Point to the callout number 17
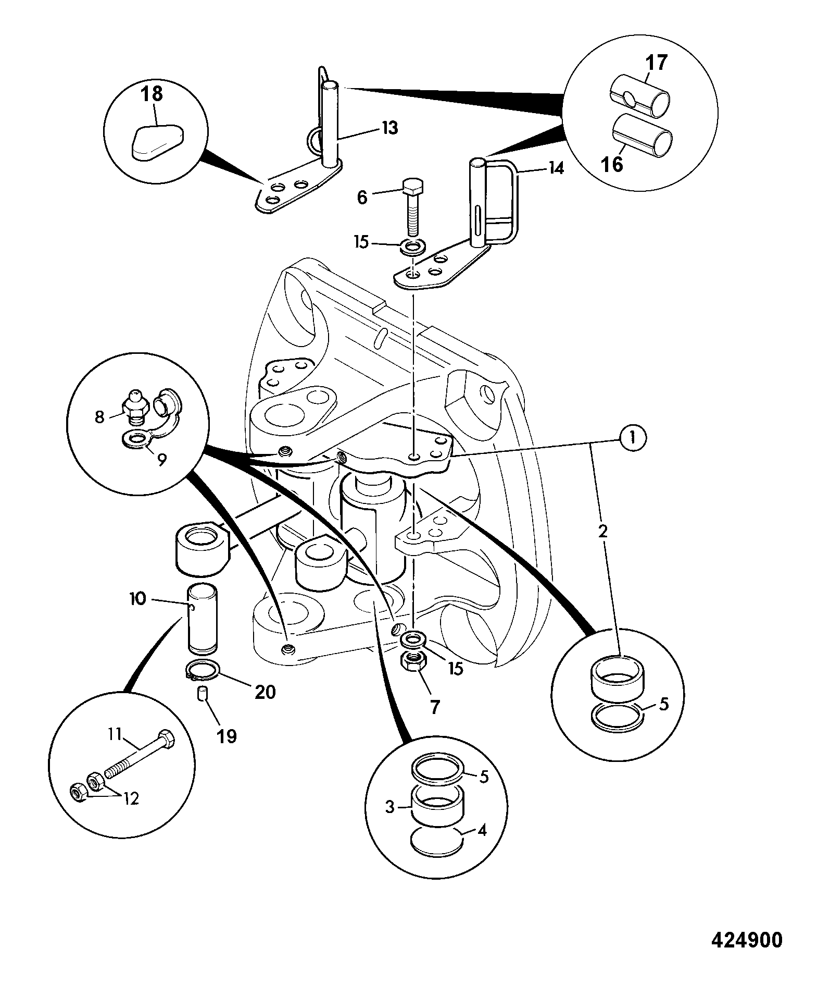click(x=657, y=63)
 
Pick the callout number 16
click(x=613, y=164)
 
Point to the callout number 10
click(x=138, y=599)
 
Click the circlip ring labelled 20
click(x=203, y=670)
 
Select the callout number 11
click(x=115, y=734)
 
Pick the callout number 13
click(x=390, y=127)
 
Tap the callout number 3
click(x=390, y=807)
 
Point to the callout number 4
click(x=482, y=830)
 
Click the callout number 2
click(x=603, y=532)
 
